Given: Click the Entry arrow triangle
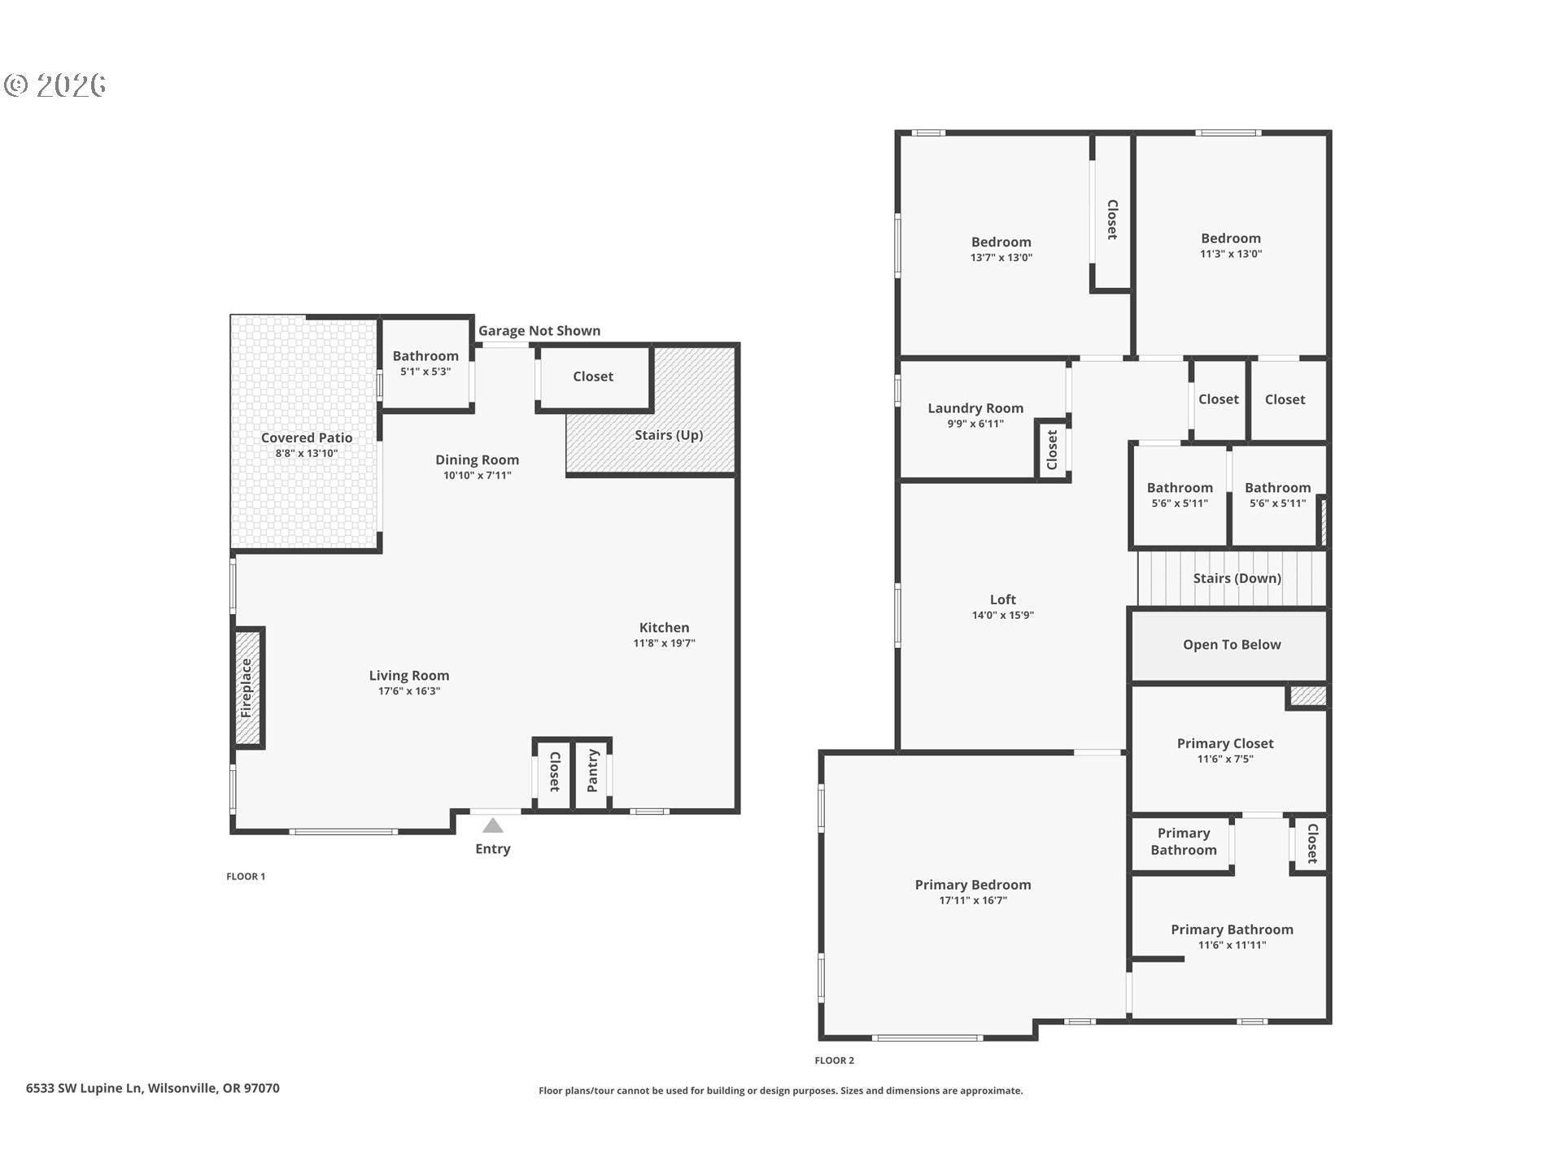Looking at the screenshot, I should [492, 826].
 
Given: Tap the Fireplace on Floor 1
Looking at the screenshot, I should [247, 688].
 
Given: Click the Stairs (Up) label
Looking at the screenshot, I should [669, 435].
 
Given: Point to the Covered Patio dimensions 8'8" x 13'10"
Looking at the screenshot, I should [306, 454].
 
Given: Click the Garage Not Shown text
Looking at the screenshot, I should [539, 331].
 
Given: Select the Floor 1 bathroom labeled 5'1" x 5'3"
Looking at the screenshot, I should [425, 363].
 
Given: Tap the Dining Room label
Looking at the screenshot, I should [477, 459].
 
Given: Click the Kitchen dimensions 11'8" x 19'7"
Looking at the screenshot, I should [664, 643].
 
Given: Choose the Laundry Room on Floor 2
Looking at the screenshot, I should [975, 416].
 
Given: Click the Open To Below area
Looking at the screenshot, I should [1231, 645].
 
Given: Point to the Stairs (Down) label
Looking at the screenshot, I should [1237, 578].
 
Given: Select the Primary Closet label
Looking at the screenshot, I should [1224, 743].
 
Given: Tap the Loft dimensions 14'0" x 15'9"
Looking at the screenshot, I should [1002, 616].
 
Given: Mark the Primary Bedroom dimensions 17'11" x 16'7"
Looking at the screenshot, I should [972, 901].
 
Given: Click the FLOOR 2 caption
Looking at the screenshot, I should [834, 1060].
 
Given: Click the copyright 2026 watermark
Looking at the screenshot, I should [55, 85].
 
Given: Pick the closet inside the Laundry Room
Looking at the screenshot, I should [1052, 450].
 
